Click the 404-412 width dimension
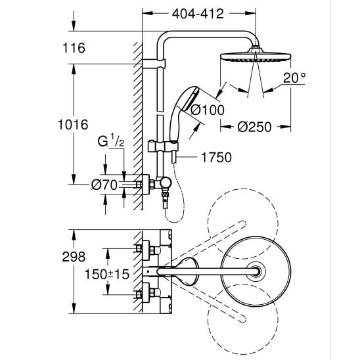pos(198,14)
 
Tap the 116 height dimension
pos(74,48)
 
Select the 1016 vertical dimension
pos(73,125)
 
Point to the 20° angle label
pos(294,78)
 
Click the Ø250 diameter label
pos(254,127)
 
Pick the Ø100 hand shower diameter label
pos(208,110)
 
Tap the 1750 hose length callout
pos(216,158)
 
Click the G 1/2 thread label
pos(110,141)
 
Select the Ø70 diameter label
pos(104,185)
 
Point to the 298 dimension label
pos(74,257)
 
